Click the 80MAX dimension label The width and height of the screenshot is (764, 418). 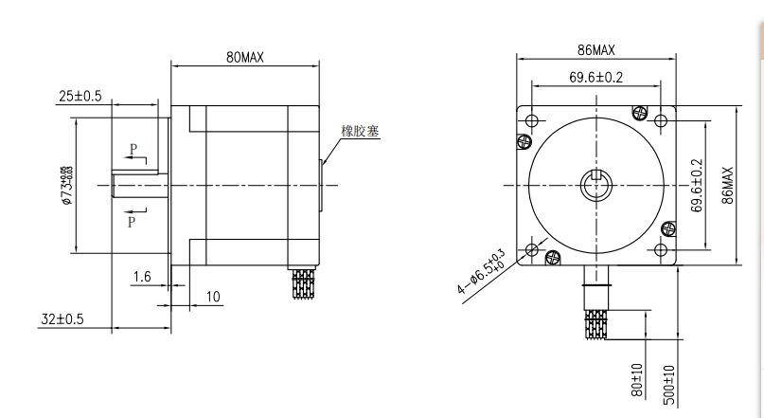(x=244, y=57)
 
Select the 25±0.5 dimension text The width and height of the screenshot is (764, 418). (x=80, y=96)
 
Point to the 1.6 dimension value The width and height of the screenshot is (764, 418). (x=142, y=277)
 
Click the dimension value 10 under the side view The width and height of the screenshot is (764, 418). (x=213, y=297)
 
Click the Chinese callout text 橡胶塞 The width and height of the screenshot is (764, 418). (x=360, y=132)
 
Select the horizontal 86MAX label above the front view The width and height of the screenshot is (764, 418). (x=596, y=49)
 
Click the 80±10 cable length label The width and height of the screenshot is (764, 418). (x=637, y=380)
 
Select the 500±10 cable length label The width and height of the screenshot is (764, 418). (x=669, y=384)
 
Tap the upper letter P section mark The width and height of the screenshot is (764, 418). (x=133, y=149)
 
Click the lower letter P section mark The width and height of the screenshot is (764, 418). (x=132, y=221)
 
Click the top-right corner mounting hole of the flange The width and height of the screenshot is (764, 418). (x=661, y=120)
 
